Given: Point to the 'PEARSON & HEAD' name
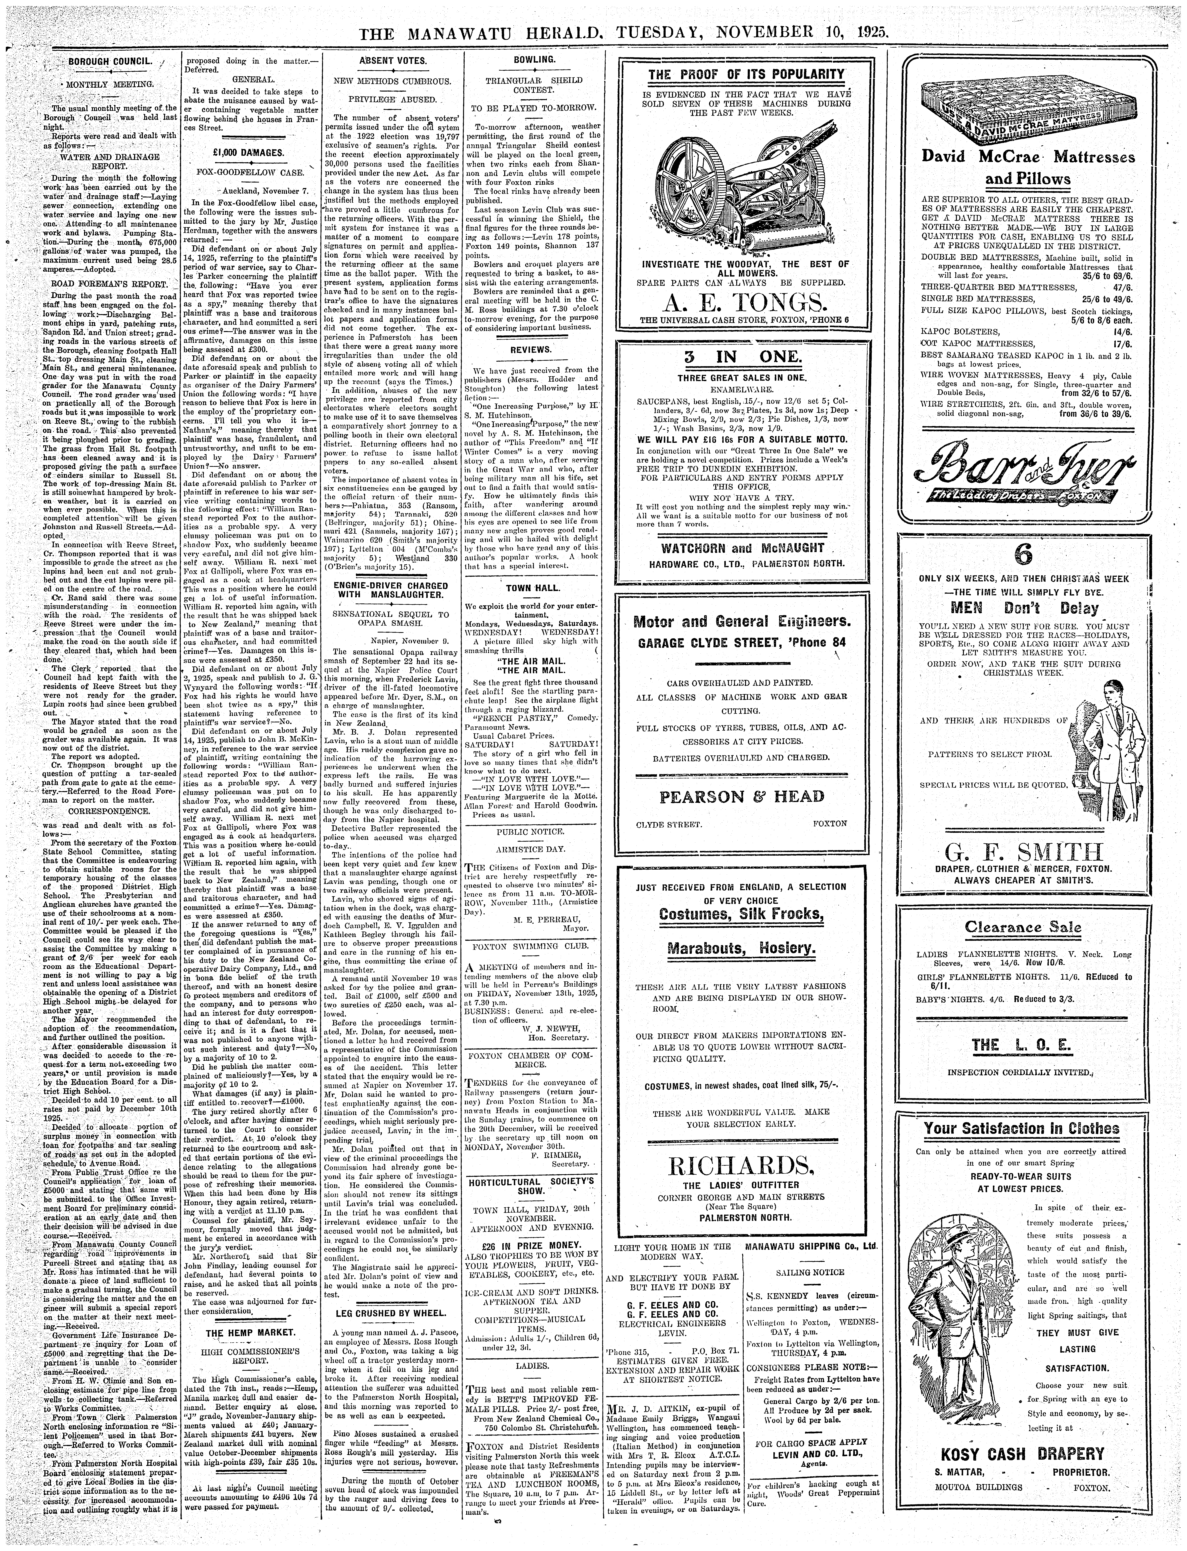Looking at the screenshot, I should point(741,797).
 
